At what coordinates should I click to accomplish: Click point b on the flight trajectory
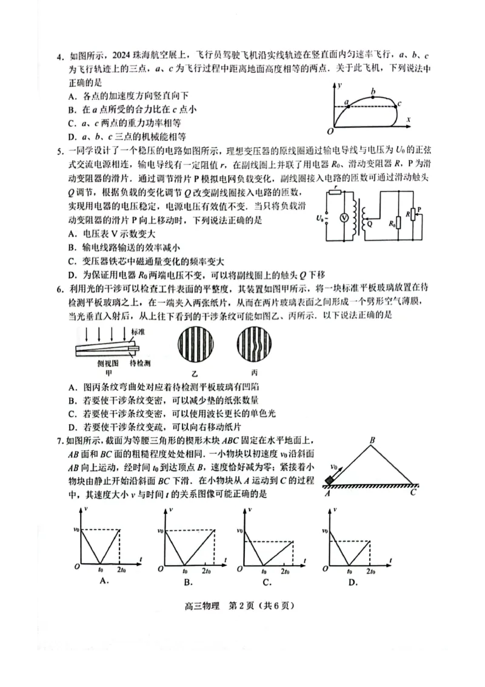coord(373,92)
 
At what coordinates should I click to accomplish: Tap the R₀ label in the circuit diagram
coord(390,223)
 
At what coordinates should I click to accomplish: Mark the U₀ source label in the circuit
coord(319,217)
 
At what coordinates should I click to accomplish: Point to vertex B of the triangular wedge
coord(373,440)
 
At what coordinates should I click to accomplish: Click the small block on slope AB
coord(330,480)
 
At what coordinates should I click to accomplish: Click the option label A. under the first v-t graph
coord(104,581)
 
